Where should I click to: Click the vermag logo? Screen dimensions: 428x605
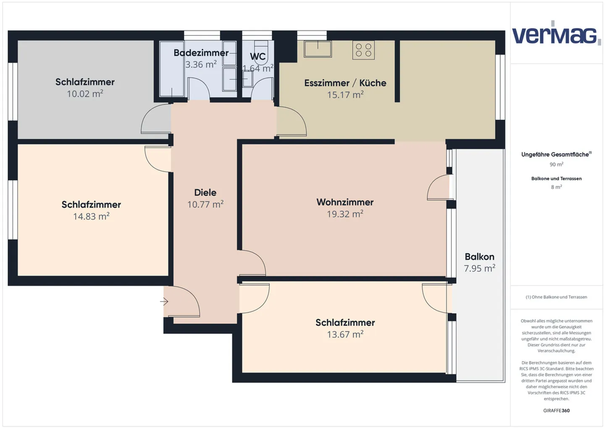(x=555, y=34)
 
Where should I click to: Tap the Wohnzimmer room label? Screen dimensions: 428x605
(x=345, y=202)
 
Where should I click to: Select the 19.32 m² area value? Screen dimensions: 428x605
(x=345, y=214)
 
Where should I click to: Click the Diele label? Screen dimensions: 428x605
(x=205, y=192)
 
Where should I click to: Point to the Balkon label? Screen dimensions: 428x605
(x=479, y=257)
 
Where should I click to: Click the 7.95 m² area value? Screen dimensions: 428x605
(x=479, y=268)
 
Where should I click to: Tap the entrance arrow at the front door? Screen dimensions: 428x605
(x=164, y=302)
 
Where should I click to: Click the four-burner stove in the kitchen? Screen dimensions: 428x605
(x=363, y=50)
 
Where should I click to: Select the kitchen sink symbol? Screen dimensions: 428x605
(x=318, y=49)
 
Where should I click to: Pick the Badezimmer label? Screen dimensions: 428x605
(x=201, y=53)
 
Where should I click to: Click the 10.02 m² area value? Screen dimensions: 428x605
(x=85, y=94)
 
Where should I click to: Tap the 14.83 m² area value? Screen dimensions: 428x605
(x=91, y=216)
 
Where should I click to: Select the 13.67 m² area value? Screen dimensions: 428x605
(x=345, y=334)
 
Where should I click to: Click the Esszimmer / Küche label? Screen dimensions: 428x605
(x=345, y=83)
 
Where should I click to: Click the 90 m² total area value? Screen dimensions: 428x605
(x=556, y=165)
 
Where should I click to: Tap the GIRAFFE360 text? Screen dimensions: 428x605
(x=556, y=410)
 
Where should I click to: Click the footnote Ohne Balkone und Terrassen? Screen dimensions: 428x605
(x=556, y=297)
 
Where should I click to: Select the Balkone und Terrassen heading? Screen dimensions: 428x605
(x=556, y=179)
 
